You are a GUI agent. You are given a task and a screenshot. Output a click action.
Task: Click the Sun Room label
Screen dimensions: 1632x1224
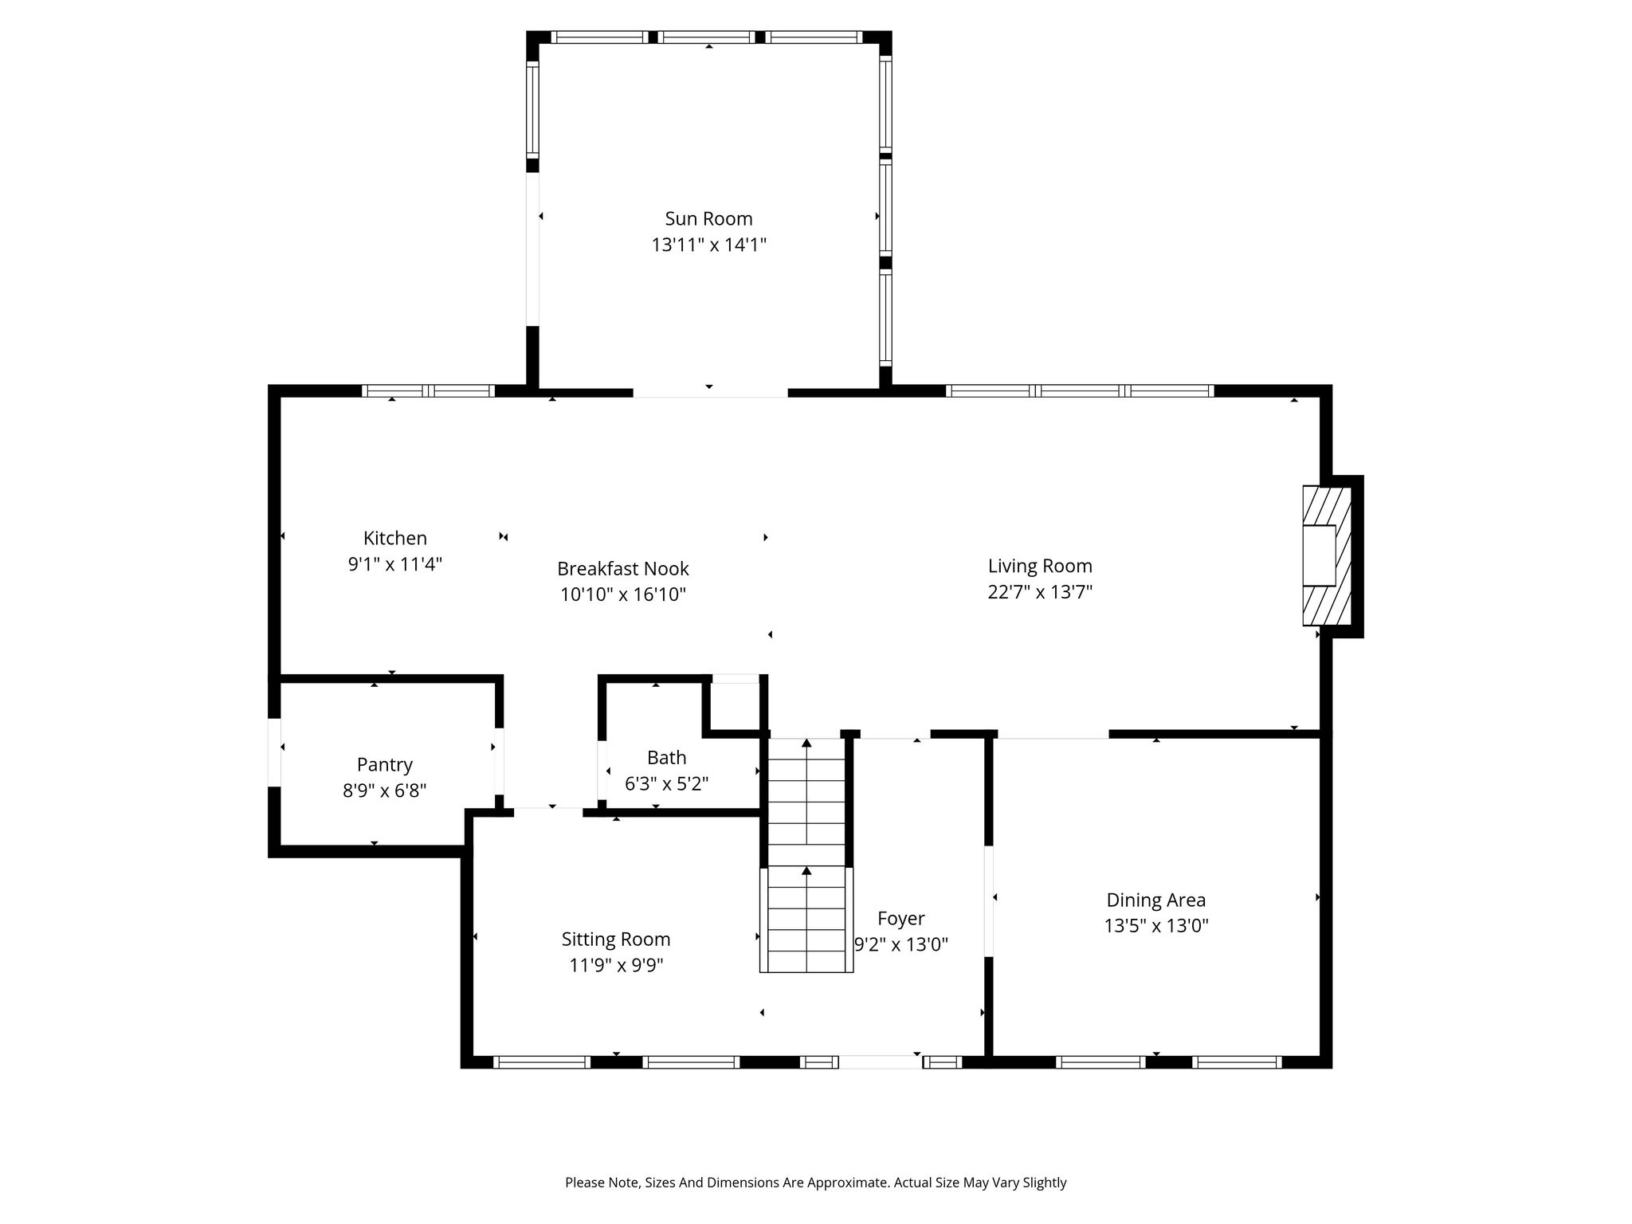point(708,218)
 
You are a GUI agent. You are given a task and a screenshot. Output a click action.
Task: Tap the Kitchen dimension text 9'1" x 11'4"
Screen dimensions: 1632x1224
point(394,564)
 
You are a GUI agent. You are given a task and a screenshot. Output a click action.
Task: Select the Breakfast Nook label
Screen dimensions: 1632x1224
point(622,569)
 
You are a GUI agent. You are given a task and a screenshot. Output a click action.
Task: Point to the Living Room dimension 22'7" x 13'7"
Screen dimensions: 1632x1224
point(1040,592)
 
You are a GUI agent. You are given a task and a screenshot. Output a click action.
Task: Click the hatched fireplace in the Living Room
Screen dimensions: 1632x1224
point(1327,555)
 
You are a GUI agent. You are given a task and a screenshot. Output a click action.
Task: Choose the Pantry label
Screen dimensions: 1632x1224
point(384,765)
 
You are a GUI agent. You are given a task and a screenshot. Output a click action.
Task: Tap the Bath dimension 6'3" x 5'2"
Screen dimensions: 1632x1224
point(666,783)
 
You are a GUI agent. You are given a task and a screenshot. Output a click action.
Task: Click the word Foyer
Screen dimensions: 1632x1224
point(900,919)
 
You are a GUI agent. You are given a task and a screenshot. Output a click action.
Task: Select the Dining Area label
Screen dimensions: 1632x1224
point(1155,900)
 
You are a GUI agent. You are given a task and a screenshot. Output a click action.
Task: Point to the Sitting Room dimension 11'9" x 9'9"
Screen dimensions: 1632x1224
point(616,965)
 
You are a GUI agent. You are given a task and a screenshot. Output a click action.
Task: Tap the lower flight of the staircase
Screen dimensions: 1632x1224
point(806,919)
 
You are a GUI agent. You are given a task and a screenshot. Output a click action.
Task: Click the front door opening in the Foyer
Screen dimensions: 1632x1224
point(881,1061)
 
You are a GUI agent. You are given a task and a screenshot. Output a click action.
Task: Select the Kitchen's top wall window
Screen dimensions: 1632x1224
point(428,390)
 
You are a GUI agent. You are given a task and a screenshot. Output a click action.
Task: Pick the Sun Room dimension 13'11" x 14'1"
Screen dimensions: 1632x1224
point(708,245)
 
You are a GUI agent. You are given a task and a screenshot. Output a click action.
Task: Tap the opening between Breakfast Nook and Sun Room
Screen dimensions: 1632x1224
point(710,392)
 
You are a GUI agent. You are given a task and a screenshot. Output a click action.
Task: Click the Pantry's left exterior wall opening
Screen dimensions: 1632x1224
point(274,752)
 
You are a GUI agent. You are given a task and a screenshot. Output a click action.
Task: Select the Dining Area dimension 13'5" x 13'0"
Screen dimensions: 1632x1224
point(1155,926)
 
